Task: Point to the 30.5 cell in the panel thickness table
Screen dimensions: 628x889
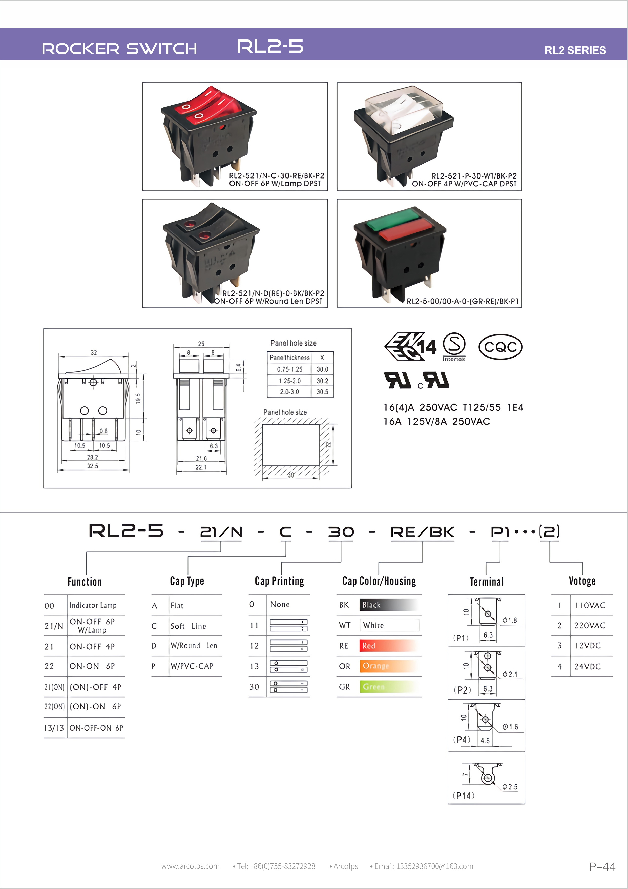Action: tap(322, 392)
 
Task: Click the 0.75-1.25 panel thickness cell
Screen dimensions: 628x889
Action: tap(289, 369)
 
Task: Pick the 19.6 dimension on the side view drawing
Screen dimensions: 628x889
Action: tap(138, 399)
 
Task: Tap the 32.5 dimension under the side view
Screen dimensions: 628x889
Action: tap(92, 466)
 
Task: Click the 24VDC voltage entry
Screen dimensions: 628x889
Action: tap(587, 666)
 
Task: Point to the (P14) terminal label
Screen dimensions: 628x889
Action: tap(464, 796)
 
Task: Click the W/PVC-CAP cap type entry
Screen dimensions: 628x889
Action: tap(192, 666)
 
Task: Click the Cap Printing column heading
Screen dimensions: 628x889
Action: tap(279, 581)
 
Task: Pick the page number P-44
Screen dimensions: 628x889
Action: tap(602, 866)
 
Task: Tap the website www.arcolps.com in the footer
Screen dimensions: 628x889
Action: tap(190, 866)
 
